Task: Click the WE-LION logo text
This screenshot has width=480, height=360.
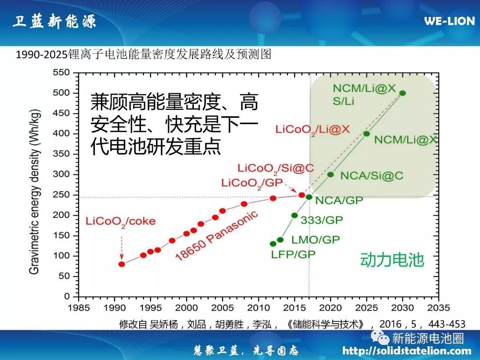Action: tap(449, 21)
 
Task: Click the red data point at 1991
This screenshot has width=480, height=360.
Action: tap(122, 264)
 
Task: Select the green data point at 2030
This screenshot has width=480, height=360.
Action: tap(403, 93)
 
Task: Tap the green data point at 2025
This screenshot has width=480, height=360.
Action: tap(367, 134)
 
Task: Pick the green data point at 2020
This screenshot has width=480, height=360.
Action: tap(331, 174)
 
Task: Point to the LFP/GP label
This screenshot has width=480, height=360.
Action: tap(293, 255)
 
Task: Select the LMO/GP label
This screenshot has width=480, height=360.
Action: tap(316, 240)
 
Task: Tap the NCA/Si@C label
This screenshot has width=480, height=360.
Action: tap(372, 176)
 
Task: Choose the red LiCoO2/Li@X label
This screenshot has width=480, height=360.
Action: tap(313, 130)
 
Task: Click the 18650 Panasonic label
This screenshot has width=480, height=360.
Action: tap(217, 235)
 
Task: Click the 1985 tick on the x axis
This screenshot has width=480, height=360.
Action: tap(79, 308)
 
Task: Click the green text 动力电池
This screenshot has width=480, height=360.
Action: tap(392, 260)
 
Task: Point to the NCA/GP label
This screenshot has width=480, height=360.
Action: tap(339, 200)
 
